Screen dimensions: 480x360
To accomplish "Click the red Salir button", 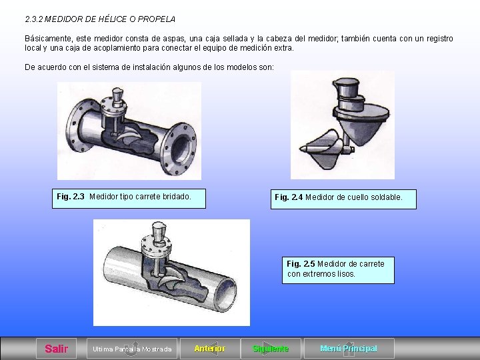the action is coord(56,349).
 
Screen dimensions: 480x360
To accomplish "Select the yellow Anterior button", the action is coord(210,349).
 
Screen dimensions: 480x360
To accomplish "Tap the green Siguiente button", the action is coord(271,349).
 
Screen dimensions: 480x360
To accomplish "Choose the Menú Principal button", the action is coord(349,349).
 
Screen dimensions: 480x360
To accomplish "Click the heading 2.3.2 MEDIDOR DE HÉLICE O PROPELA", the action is coord(100,19).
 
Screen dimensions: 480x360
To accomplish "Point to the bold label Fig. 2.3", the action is coord(71,197).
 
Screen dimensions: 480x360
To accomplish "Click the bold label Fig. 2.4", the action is coord(289,197).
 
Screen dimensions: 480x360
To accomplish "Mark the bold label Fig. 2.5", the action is coord(301,264).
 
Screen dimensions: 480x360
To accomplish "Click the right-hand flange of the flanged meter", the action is coord(179,149).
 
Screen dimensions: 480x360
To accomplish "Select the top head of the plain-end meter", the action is coord(159,231).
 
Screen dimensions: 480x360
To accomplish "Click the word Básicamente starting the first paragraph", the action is coord(49,39).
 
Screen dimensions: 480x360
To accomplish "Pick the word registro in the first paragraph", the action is coord(439,39).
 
